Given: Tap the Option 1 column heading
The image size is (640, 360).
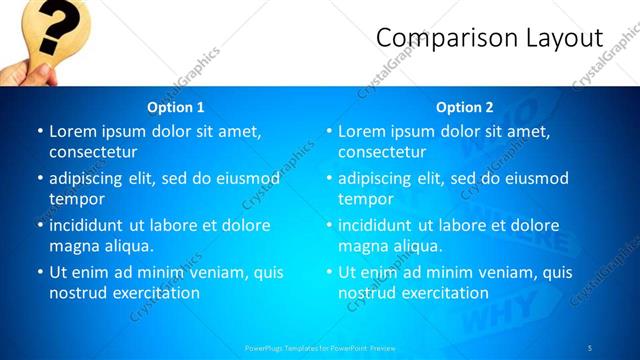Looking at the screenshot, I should coord(176,107).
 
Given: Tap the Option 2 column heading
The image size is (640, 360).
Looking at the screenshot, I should coord(465,107).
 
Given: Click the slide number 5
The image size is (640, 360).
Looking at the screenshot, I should coord(591,347).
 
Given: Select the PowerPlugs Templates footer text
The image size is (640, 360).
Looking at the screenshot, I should coord(320,347).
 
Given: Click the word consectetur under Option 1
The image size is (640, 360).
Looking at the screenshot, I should coord(93,152).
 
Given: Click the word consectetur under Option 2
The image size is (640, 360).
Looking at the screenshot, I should coord(382,152).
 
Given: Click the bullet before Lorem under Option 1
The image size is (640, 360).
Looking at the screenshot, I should coord(40,131).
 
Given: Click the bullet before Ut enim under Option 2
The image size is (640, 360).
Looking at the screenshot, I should coord(329,272).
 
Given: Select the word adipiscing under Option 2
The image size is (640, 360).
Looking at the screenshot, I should coord(378,178).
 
